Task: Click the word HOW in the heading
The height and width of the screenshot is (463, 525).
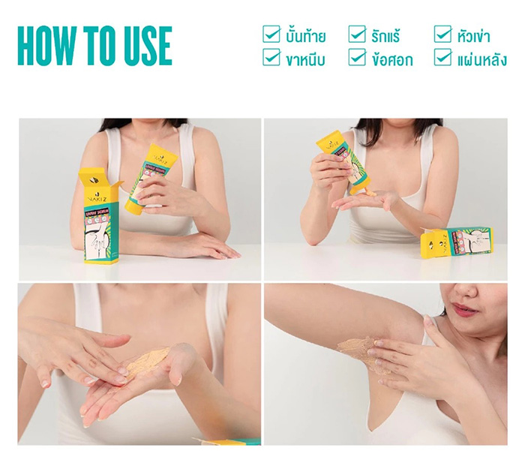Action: point(48,47)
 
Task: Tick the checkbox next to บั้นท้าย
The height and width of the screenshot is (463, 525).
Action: point(271,34)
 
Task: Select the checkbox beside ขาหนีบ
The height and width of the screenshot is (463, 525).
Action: point(271,58)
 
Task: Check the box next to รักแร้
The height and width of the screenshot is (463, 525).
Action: point(357,34)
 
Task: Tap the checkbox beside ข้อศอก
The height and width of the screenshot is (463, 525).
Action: point(357,58)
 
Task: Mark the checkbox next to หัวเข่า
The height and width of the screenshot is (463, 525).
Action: point(442,34)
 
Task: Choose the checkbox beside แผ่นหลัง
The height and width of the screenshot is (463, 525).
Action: point(442,58)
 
